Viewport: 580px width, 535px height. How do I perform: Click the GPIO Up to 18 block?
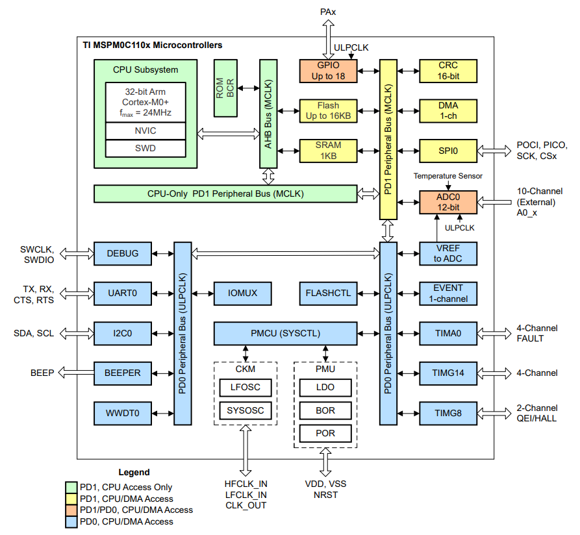pyautogui.click(x=328, y=71)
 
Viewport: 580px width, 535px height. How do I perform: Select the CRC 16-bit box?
pyautogui.click(x=448, y=71)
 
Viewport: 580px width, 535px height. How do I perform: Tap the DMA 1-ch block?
pyautogui.click(x=448, y=111)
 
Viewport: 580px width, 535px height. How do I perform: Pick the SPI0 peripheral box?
pyautogui.click(x=448, y=151)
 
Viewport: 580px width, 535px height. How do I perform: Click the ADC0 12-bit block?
pyautogui.click(x=448, y=202)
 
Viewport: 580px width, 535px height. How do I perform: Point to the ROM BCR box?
pyautogui.click(x=225, y=88)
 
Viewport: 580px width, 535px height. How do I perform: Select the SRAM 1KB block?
pyautogui.click(x=328, y=151)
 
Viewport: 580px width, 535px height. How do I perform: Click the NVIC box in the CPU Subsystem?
pyautogui.click(x=145, y=131)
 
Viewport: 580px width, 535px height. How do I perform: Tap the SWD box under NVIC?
pyautogui.click(x=145, y=149)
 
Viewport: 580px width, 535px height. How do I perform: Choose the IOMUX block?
pyautogui.click(x=243, y=293)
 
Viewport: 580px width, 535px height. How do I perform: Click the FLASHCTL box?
pyautogui.click(x=328, y=293)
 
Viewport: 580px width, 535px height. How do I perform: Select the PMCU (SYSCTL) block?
pyautogui.click(x=285, y=334)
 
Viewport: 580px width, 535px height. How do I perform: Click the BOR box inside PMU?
pyautogui.click(x=325, y=411)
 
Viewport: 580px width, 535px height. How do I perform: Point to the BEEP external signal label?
pyautogui.click(x=42, y=373)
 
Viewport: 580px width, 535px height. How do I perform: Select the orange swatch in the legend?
pyautogui.click(x=72, y=510)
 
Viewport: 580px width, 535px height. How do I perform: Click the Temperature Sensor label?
pyautogui.click(x=448, y=176)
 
